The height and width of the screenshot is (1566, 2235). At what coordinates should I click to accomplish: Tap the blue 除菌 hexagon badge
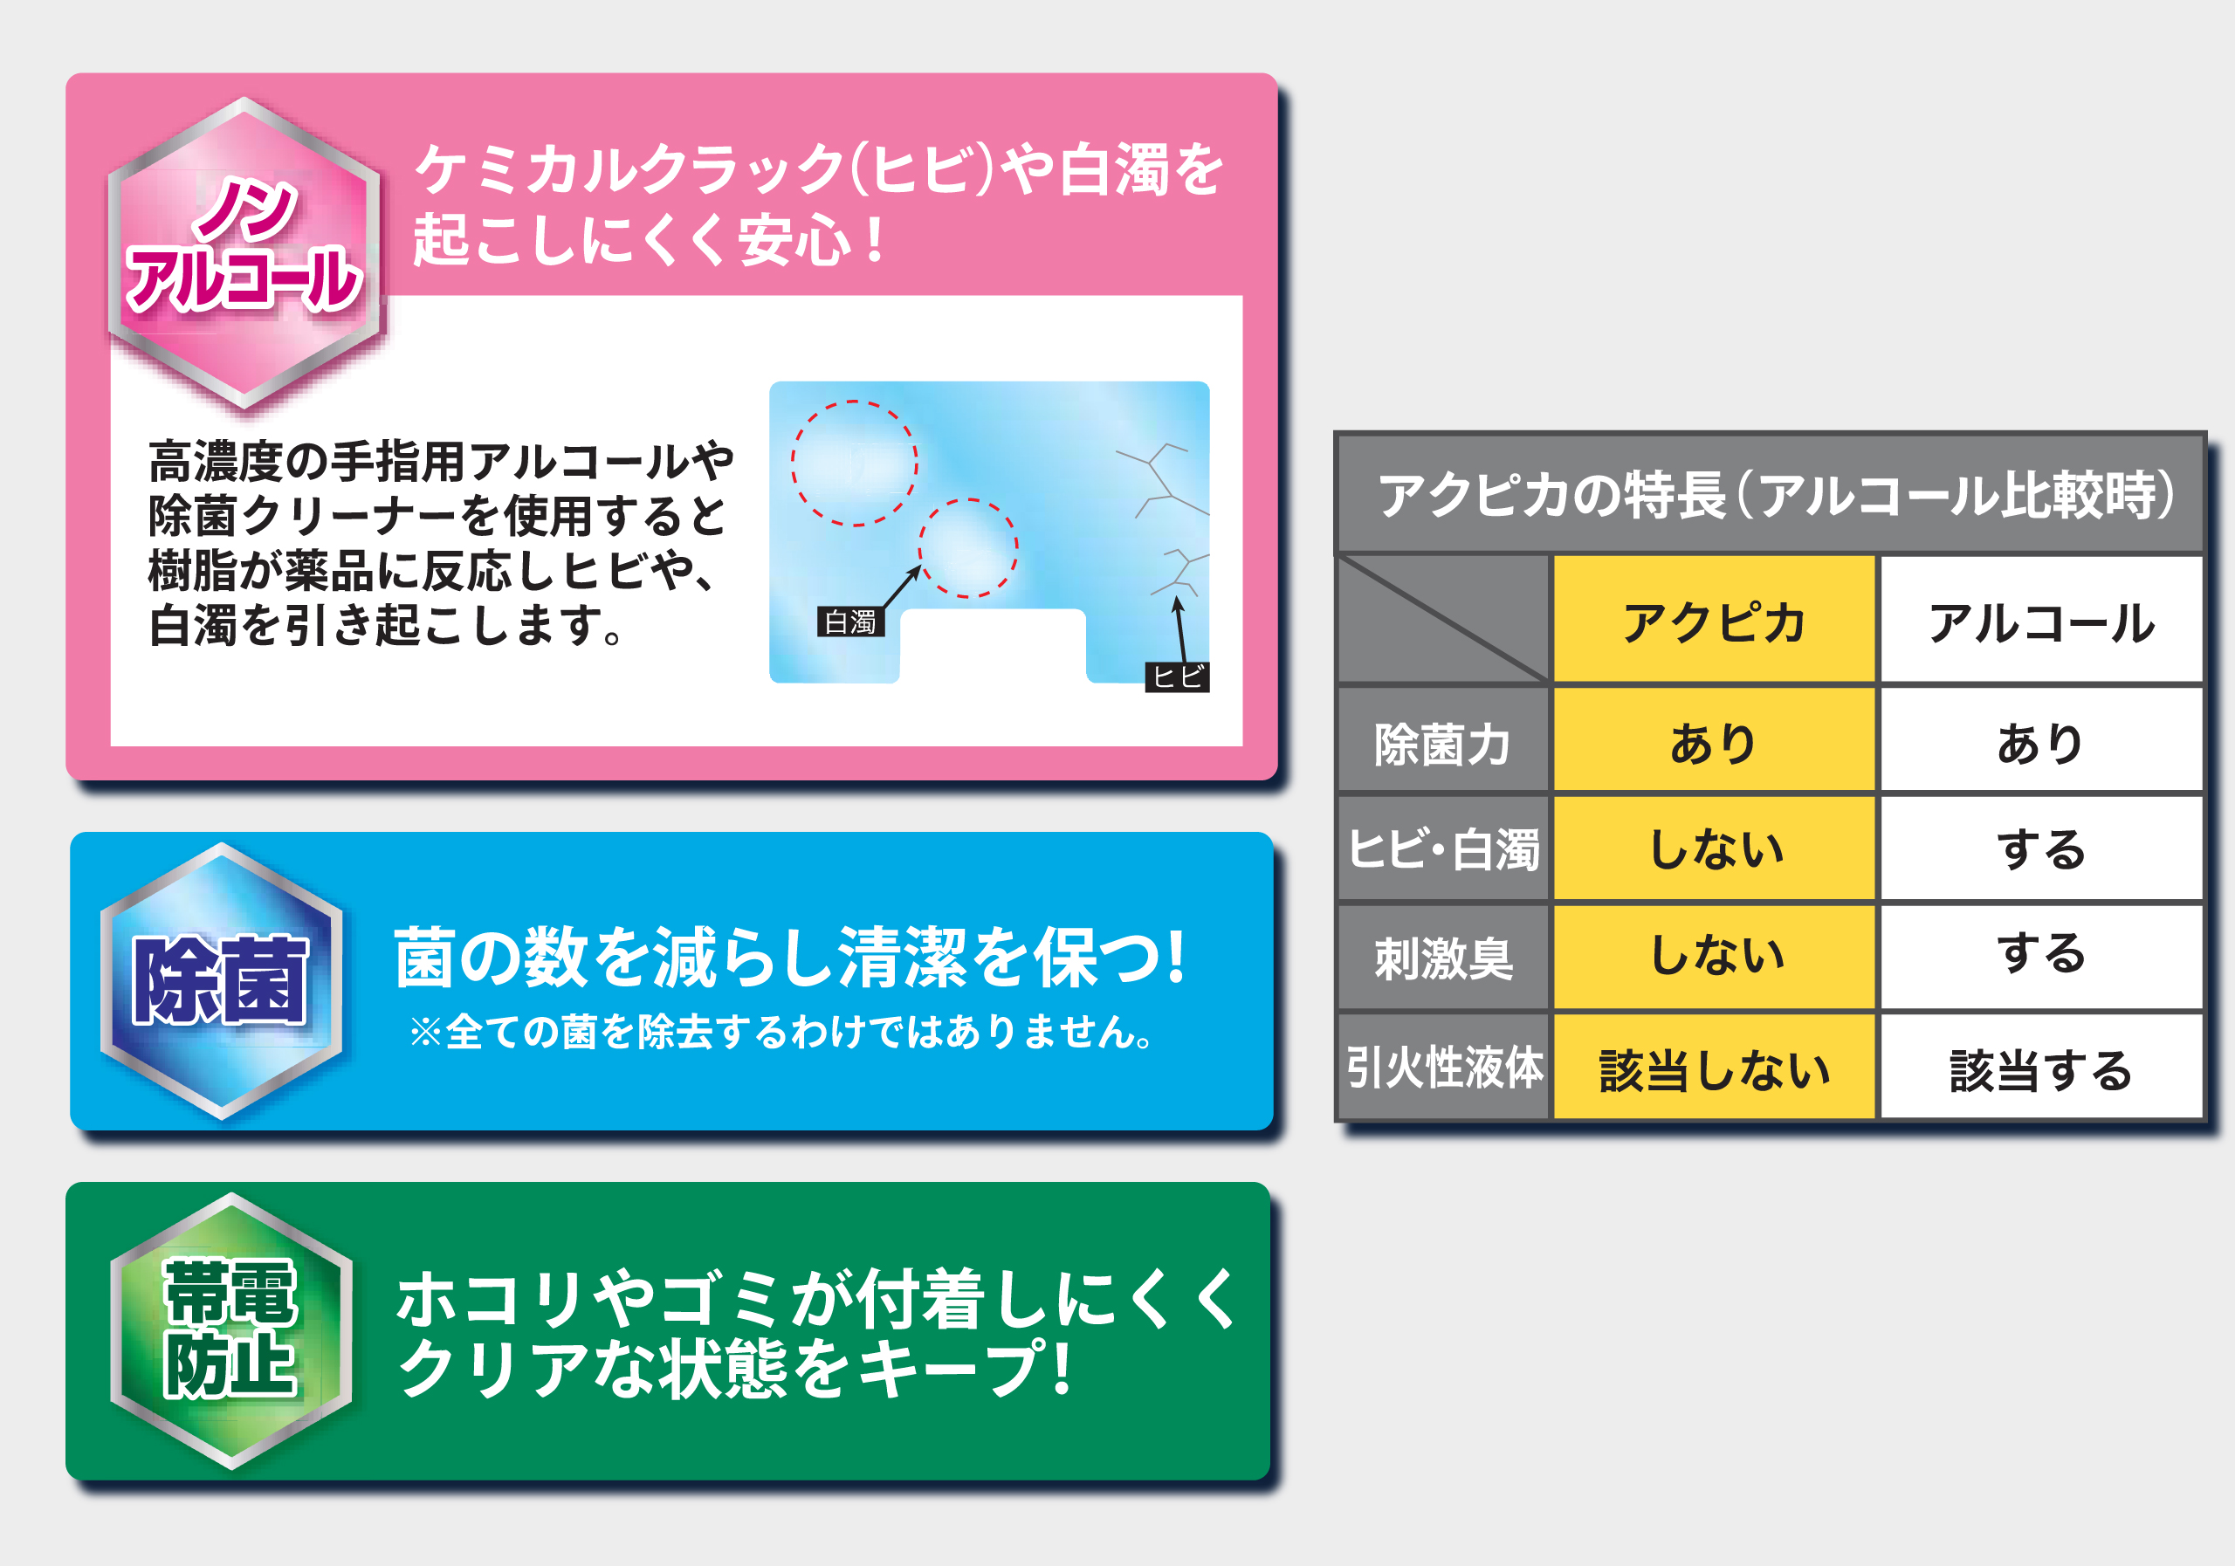tap(222, 981)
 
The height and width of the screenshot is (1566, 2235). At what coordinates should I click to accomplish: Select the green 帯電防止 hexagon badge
tap(231, 1330)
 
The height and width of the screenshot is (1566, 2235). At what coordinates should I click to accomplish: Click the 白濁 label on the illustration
tap(849, 622)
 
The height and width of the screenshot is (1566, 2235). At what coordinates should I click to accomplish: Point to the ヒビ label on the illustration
tap(1177, 677)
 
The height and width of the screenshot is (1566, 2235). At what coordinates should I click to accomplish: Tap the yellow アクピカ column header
tap(1714, 621)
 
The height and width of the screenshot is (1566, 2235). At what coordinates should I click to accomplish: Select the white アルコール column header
tap(2041, 621)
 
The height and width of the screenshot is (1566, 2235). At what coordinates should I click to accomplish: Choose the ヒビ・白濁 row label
tap(1442, 848)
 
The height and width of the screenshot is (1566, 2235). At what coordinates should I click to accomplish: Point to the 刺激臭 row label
tap(1442, 957)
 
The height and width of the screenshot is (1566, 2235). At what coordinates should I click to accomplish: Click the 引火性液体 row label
tap(1442, 1067)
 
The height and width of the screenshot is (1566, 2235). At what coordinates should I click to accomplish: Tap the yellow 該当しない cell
tap(1714, 1068)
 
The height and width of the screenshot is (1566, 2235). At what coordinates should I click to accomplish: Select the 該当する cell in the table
tap(2041, 1068)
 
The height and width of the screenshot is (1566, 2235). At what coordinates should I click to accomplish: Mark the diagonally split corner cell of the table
tap(1442, 619)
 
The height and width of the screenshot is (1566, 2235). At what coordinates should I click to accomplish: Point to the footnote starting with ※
tap(781, 1032)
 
